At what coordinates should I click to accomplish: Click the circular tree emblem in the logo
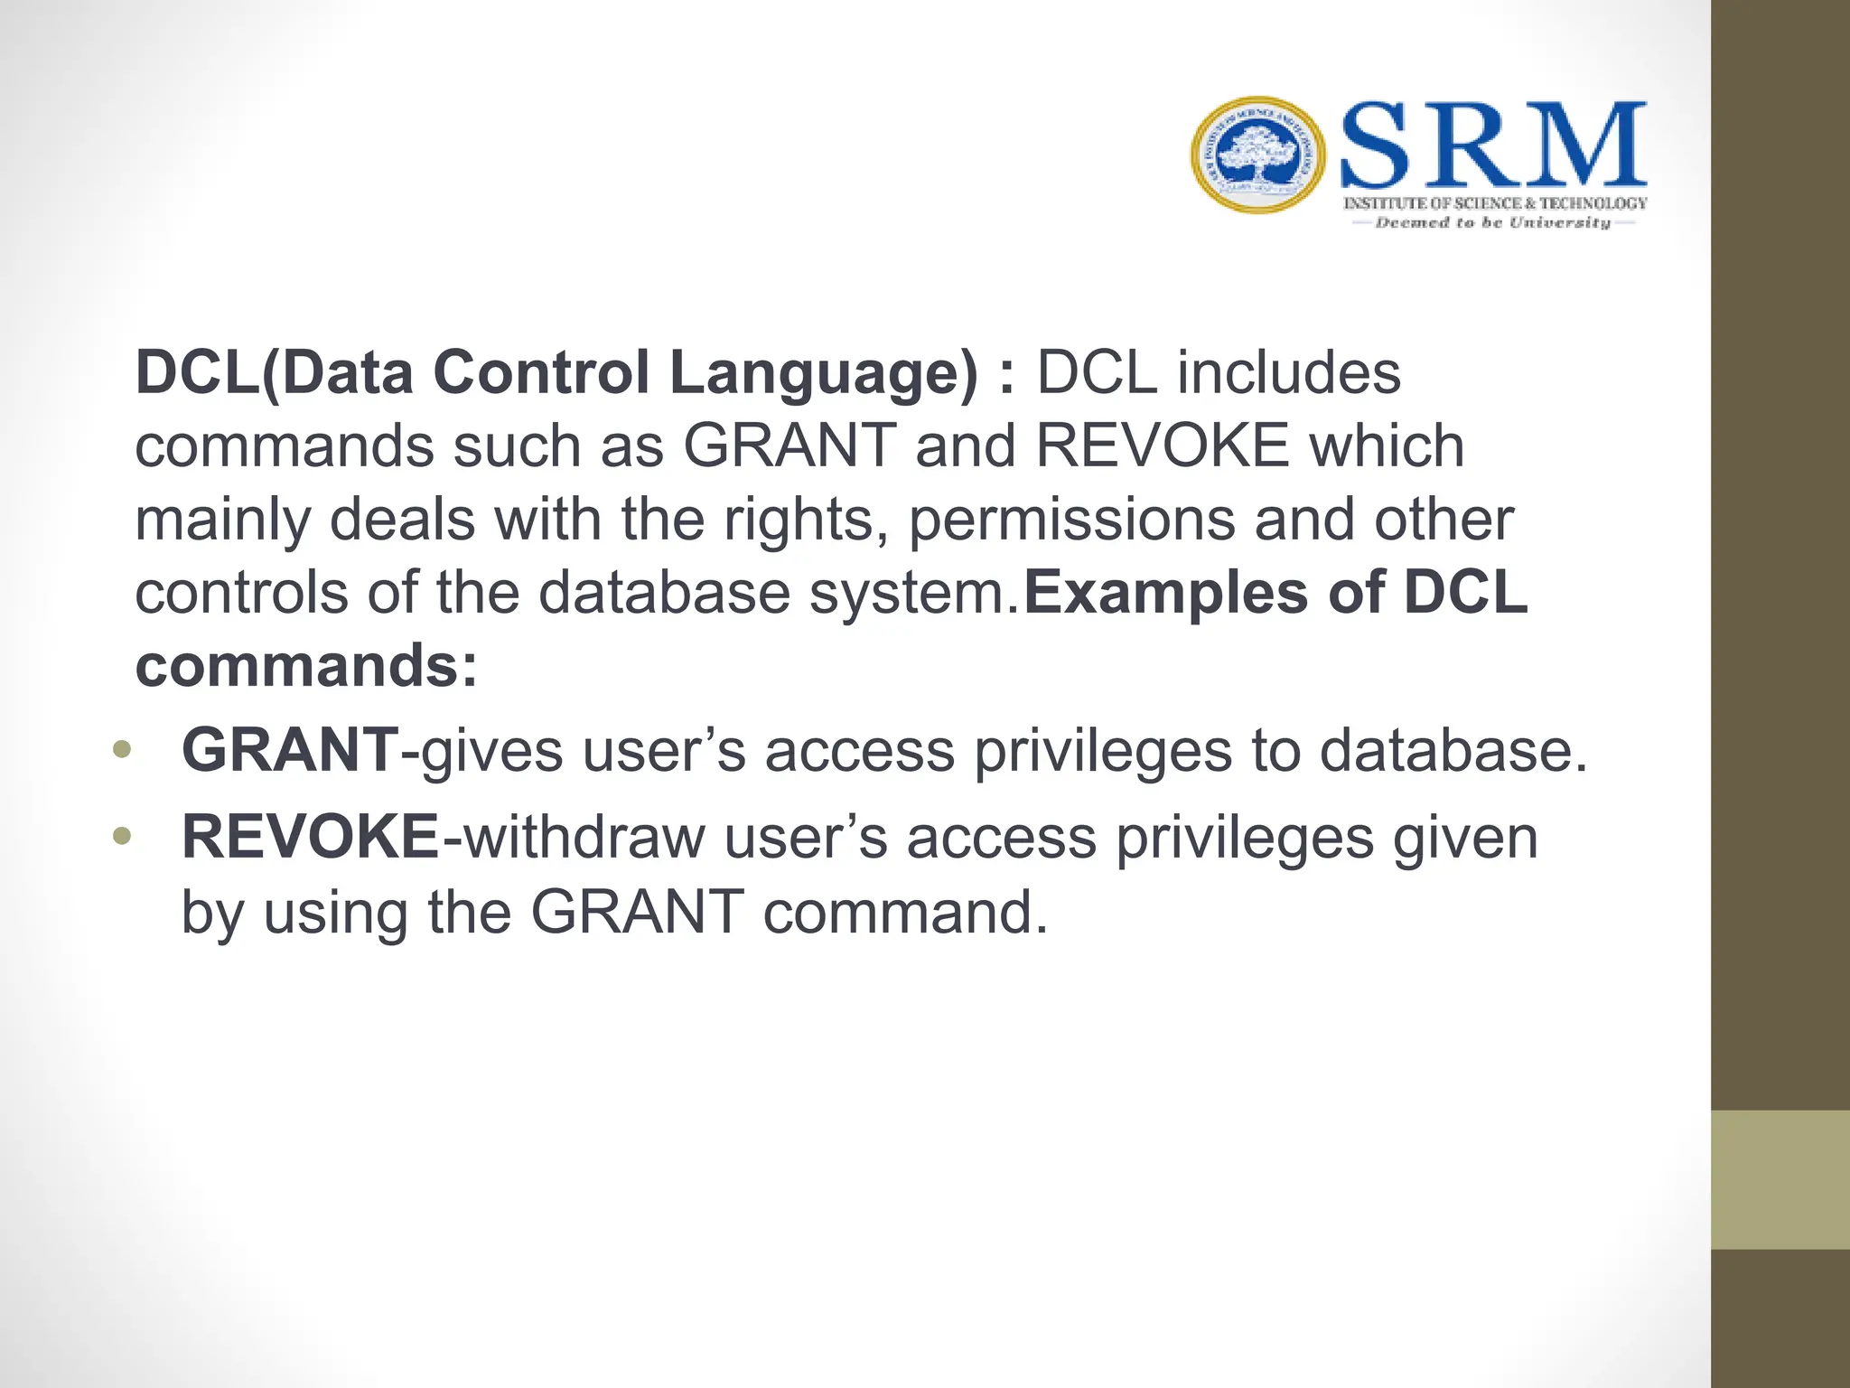click(x=1257, y=155)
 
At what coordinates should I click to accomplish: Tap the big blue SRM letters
click(x=1493, y=145)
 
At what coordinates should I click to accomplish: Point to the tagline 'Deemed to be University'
click(x=1493, y=222)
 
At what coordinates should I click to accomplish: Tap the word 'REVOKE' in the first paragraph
click(x=1162, y=445)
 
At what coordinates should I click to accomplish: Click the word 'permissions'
click(x=1071, y=521)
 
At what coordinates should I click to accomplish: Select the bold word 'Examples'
click(x=1165, y=594)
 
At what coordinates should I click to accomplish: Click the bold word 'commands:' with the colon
click(x=306, y=666)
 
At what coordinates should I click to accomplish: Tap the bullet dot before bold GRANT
click(x=122, y=750)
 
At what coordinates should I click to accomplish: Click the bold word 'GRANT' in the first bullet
click(x=290, y=750)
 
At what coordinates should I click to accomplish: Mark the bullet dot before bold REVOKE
click(x=122, y=837)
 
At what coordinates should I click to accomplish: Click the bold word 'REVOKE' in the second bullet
click(x=310, y=837)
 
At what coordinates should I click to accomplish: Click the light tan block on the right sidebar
click(x=1780, y=1179)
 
